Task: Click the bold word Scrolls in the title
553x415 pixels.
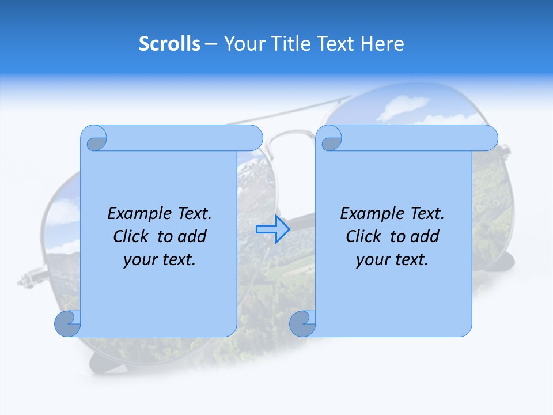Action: tap(169, 44)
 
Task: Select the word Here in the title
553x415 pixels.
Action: tap(382, 44)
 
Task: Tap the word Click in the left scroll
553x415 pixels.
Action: tap(132, 237)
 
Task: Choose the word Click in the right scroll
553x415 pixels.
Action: tap(365, 237)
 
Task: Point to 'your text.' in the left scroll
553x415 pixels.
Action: tap(160, 260)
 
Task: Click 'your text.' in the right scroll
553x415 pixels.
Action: tap(392, 260)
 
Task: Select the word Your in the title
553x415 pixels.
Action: tap(241, 44)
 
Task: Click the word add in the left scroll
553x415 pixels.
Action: tap(192, 237)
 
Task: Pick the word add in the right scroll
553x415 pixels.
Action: tap(425, 237)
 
